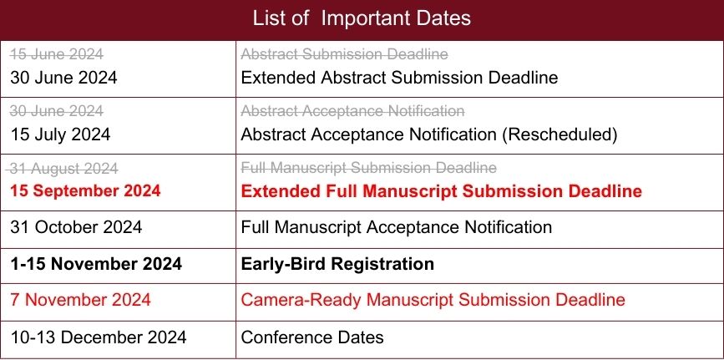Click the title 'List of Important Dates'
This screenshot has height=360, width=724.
362,18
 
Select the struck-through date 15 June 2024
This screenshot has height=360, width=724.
56,54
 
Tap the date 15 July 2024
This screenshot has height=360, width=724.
60,134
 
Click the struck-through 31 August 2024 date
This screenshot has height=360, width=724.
62,169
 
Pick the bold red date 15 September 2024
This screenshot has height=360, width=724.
85,191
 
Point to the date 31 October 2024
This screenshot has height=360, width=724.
76,227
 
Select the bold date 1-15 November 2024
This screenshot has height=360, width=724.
96,264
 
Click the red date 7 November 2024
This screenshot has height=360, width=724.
80,300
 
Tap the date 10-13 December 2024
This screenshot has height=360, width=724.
99,337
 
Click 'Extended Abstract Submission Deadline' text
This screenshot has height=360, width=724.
399,77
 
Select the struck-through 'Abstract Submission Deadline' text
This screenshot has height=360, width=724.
344,54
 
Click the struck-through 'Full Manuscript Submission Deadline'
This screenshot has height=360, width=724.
369,168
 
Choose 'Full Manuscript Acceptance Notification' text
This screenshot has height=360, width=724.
397,227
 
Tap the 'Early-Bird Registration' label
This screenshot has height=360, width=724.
337,264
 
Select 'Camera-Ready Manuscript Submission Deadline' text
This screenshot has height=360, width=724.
433,300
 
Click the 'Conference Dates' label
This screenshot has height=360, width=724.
312,337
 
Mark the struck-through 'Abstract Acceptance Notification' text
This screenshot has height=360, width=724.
352,111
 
